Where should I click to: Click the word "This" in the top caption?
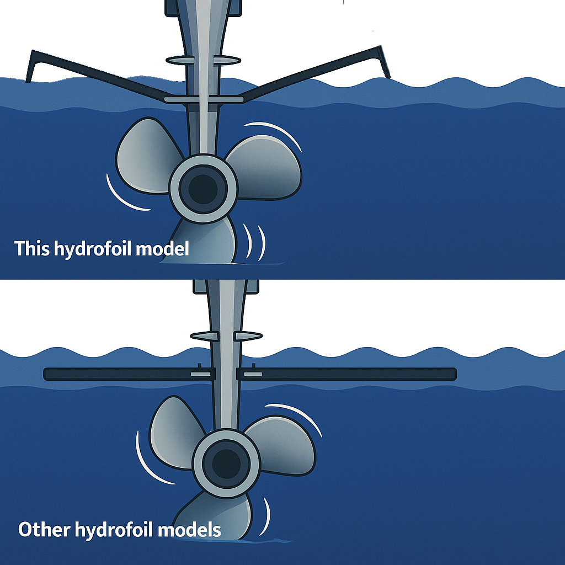click(x=32, y=249)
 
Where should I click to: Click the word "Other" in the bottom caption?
click(x=44, y=530)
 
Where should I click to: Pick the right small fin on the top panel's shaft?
click(x=227, y=59)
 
